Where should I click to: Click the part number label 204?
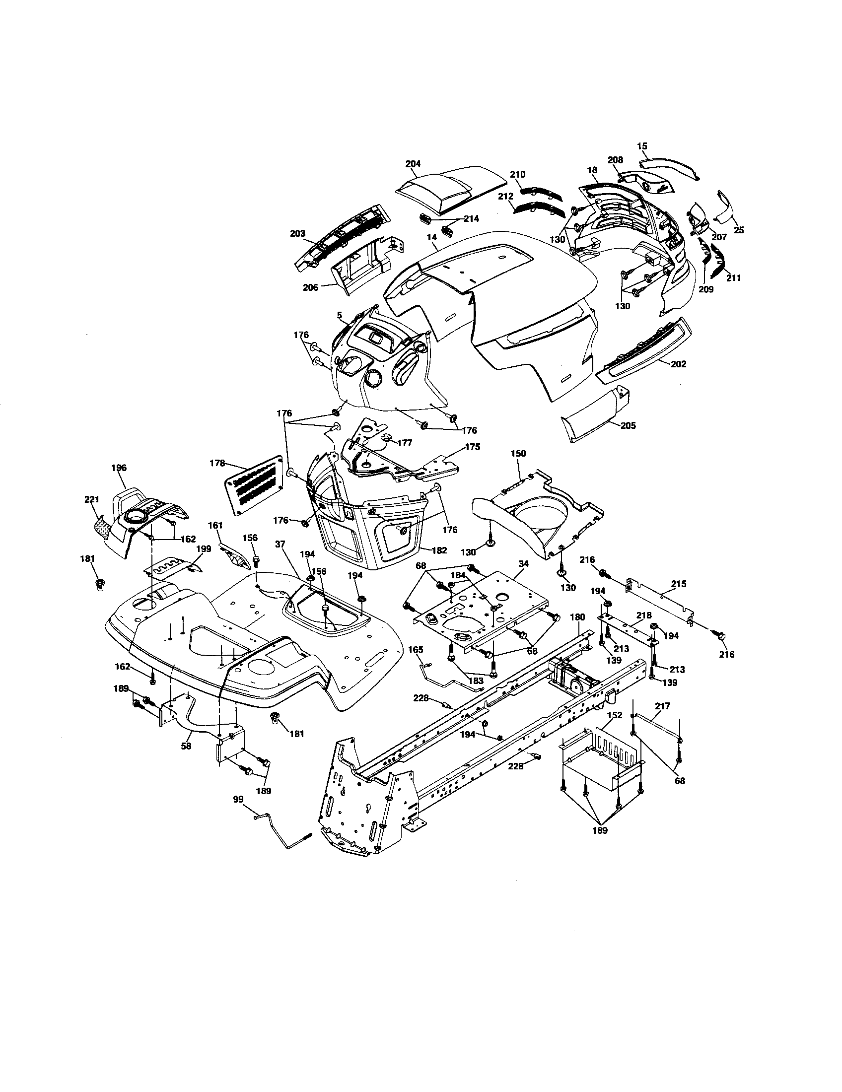click(413, 163)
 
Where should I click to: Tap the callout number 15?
click(642, 146)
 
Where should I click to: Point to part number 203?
click(297, 233)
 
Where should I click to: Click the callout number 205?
click(628, 425)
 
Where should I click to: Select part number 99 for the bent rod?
click(238, 800)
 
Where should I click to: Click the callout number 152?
click(615, 715)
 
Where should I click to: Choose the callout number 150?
click(518, 453)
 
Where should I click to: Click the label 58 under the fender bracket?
click(187, 747)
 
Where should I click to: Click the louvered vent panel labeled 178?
click(254, 483)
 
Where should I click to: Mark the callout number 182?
click(439, 550)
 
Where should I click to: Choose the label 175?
click(473, 447)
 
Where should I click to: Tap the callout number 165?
click(416, 650)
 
